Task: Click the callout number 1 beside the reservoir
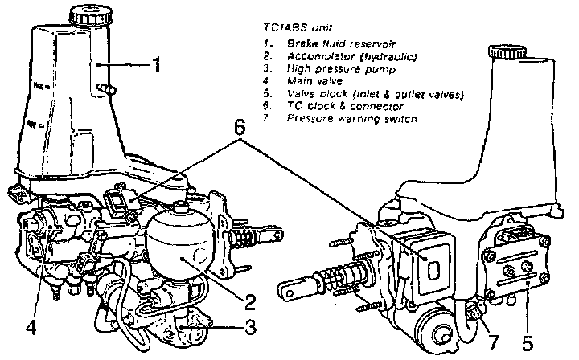pos(159,63)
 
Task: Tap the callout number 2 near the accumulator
pos(250,303)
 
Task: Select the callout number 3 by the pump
pos(250,327)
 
